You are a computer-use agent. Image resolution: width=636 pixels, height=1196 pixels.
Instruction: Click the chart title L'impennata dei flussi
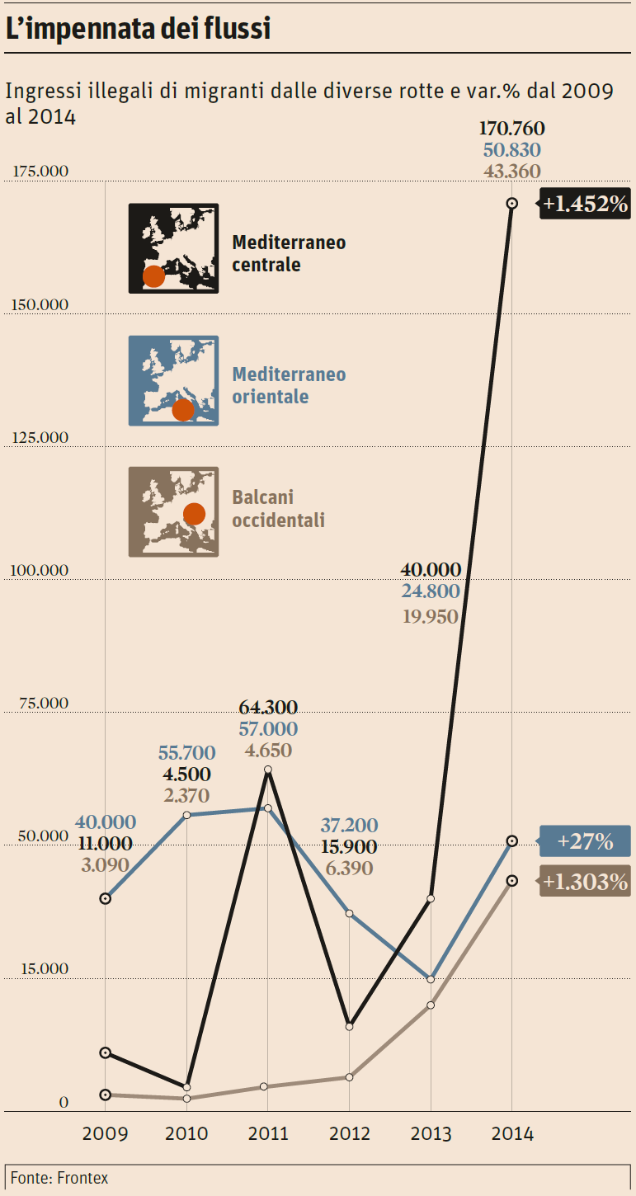coord(139,29)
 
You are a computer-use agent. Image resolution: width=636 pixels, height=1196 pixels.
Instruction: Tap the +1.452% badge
coord(586,203)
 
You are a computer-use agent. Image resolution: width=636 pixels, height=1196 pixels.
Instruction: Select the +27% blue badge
coord(584,841)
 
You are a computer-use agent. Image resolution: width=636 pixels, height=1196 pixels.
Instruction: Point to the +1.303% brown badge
coord(585,881)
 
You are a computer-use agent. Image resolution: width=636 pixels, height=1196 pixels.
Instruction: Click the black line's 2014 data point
coord(511,203)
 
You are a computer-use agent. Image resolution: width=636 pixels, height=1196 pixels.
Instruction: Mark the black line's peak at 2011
coord(267,770)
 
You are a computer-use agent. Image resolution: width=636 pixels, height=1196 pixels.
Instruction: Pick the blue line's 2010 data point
coord(186,815)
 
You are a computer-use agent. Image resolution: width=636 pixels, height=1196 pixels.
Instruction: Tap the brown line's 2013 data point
coord(431,1005)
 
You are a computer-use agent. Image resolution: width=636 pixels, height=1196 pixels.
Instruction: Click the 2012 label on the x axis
coord(350,1134)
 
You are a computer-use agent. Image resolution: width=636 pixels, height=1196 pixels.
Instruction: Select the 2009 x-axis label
coord(105,1134)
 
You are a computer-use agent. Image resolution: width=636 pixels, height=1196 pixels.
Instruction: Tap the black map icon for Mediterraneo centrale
coord(173,248)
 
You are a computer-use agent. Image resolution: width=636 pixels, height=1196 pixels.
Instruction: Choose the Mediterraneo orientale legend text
coord(289,385)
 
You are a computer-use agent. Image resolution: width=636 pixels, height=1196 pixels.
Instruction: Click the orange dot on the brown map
coord(194,514)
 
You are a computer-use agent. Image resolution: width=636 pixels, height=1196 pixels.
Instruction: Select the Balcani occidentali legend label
coord(278,509)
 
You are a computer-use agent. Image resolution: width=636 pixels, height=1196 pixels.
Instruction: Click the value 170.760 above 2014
coord(511,129)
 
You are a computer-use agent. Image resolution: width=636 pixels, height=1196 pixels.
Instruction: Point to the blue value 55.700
coord(186,752)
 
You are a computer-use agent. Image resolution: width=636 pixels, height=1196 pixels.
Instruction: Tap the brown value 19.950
coord(430,616)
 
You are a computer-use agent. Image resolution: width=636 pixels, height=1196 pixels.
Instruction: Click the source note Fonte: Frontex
coord(59,1178)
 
